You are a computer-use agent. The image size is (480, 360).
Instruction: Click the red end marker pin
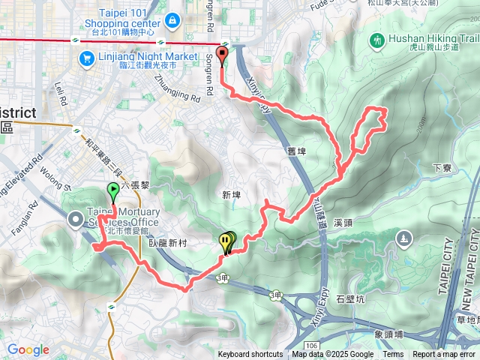[x=222, y=54]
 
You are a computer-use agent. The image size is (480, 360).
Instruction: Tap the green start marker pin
[x=113, y=191]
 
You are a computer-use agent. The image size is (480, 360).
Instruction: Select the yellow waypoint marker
[x=226, y=241]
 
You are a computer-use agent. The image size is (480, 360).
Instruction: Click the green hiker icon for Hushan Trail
[x=376, y=38]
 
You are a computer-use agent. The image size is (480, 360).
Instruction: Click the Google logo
[x=28, y=350]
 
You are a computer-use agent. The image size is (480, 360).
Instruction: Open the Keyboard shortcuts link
[x=250, y=355]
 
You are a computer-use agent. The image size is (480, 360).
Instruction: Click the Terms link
[x=393, y=355]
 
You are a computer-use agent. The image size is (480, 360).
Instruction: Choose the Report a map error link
[x=445, y=355]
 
